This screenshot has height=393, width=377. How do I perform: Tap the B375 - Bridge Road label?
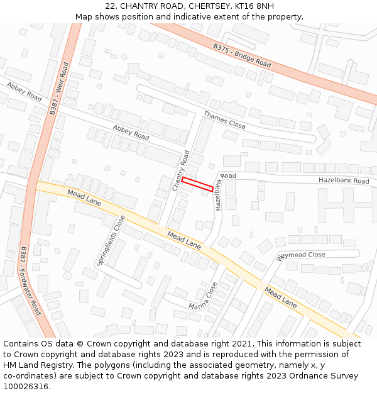(x=242, y=56)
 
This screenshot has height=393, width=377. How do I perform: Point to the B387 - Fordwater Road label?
(x=31, y=280)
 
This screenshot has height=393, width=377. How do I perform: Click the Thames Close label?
(x=224, y=119)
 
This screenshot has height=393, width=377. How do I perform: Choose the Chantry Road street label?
(x=181, y=170)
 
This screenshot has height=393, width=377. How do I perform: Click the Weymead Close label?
(x=301, y=255)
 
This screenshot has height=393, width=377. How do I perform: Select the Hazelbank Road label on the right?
(x=344, y=180)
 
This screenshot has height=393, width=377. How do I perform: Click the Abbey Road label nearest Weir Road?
(x=25, y=92)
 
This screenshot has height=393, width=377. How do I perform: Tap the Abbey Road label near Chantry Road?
(x=131, y=133)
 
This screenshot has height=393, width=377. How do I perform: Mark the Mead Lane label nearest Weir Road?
(x=84, y=198)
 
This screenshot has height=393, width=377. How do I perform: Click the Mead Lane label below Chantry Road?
(x=184, y=240)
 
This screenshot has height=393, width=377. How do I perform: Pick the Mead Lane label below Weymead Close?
(x=280, y=297)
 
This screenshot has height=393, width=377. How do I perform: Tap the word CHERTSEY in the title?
(x=188, y=6)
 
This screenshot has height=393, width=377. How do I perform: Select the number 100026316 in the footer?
(x=26, y=386)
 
